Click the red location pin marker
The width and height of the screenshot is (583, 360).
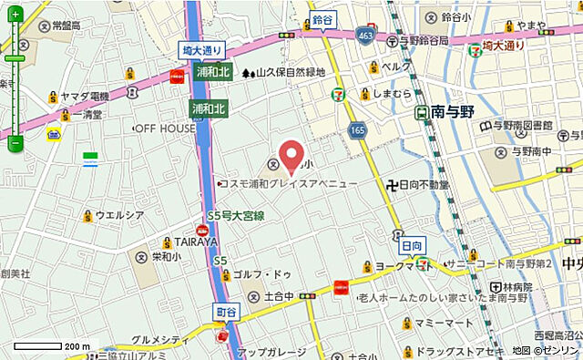(x=291, y=156)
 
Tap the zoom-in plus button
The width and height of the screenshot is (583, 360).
(x=15, y=27)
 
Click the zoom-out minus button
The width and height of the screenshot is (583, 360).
(x=15, y=143)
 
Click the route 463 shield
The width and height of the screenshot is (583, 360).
(x=366, y=34)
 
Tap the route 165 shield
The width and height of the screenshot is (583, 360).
(x=355, y=131)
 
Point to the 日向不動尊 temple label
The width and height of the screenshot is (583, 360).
(x=419, y=184)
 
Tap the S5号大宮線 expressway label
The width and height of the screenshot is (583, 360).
(x=235, y=216)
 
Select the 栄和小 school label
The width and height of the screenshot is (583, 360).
(x=164, y=258)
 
